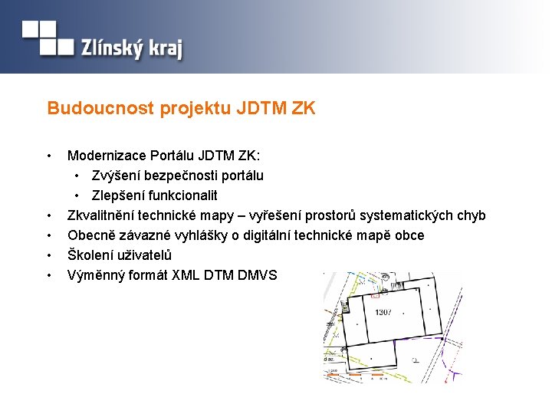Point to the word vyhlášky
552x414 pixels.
(220, 235)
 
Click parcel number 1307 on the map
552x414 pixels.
(383, 313)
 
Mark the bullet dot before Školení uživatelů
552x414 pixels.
(49, 255)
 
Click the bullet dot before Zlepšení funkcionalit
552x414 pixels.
(78, 195)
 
